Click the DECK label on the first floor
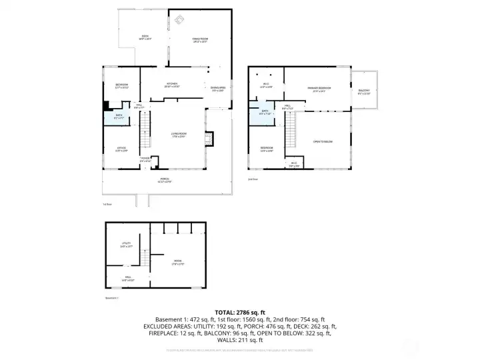coord(145,36)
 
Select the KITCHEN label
coord(172,84)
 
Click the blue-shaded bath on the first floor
coord(118,117)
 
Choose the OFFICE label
coord(121,149)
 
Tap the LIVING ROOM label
coord(178,134)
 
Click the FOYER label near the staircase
coord(145,159)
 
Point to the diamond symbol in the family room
coord(179,20)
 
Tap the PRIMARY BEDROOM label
coord(319,88)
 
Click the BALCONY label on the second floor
coord(364,90)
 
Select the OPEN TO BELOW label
coord(323,141)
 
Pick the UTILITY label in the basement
coord(126,244)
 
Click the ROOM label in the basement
coord(177,261)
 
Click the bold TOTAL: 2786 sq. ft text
coord(240,312)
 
